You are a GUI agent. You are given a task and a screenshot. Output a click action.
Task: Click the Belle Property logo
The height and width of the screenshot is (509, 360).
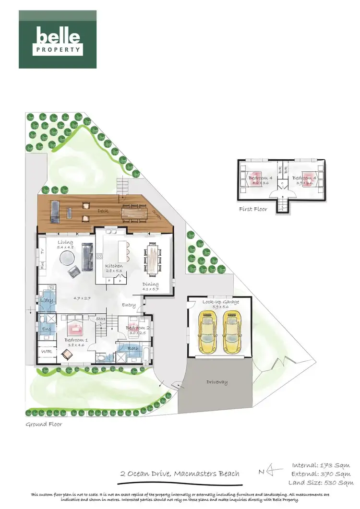point(58,39)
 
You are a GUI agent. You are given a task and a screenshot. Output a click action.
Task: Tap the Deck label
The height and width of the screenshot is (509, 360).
point(103,210)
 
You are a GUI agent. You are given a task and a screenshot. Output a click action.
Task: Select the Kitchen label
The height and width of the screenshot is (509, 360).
point(114,266)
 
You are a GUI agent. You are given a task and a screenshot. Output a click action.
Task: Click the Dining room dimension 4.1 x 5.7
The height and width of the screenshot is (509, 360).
point(150,290)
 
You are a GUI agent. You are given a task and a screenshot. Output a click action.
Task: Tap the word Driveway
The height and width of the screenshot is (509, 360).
point(217,382)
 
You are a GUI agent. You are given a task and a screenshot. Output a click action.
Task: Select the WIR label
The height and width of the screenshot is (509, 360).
point(47,352)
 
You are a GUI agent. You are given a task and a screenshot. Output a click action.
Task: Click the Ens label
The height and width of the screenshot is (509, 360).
point(47,329)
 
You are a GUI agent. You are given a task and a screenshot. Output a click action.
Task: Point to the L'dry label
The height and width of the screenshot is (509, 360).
point(47,300)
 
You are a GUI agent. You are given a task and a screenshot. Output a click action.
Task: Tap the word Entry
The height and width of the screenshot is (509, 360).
point(129,305)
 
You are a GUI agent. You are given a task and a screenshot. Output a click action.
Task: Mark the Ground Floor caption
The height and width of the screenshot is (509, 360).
point(44,424)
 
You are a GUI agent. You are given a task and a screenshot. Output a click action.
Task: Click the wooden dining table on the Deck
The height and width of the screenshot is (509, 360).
point(135,211)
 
